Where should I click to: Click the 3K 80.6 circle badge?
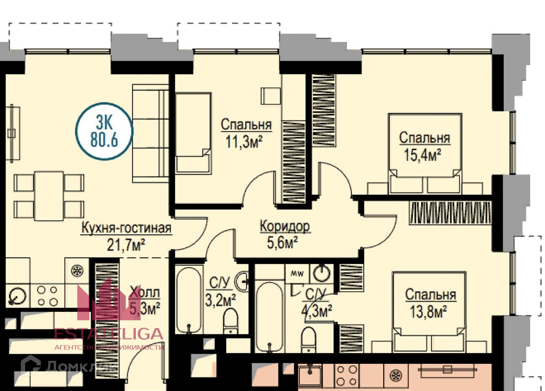click(104, 132)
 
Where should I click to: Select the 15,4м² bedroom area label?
click(424, 146)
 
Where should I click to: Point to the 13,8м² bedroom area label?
click(430, 303)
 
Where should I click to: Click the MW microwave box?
click(297, 273)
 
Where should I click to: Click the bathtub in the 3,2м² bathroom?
click(188, 300)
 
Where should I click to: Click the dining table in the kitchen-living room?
click(49, 195)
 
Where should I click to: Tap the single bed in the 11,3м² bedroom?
click(193, 133)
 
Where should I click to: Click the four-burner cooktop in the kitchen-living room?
click(47, 296)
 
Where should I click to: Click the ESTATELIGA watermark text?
click(109, 333)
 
